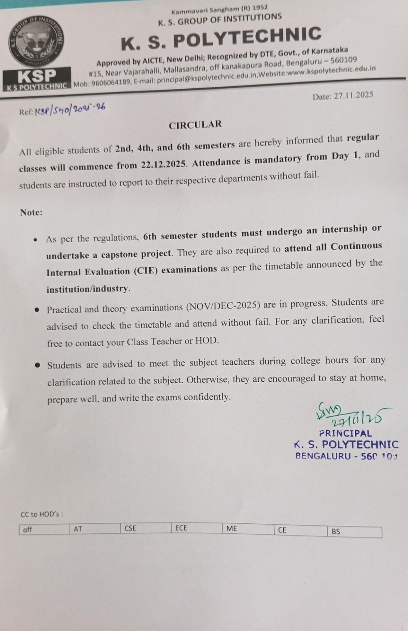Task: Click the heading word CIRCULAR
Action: coord(195,125)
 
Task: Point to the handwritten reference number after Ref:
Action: coord(70,110)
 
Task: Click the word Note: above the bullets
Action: coord(31,212)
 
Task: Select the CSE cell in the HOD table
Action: coord(130,528)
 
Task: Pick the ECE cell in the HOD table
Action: coord(181,528)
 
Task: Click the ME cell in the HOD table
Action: coord(232,528)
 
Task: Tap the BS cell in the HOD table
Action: coord(336,531)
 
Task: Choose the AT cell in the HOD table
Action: coord(78,529)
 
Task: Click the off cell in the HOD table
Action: coord(28,529)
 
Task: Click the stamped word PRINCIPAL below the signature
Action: coord(345,433)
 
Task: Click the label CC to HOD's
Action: coord(41,514)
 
